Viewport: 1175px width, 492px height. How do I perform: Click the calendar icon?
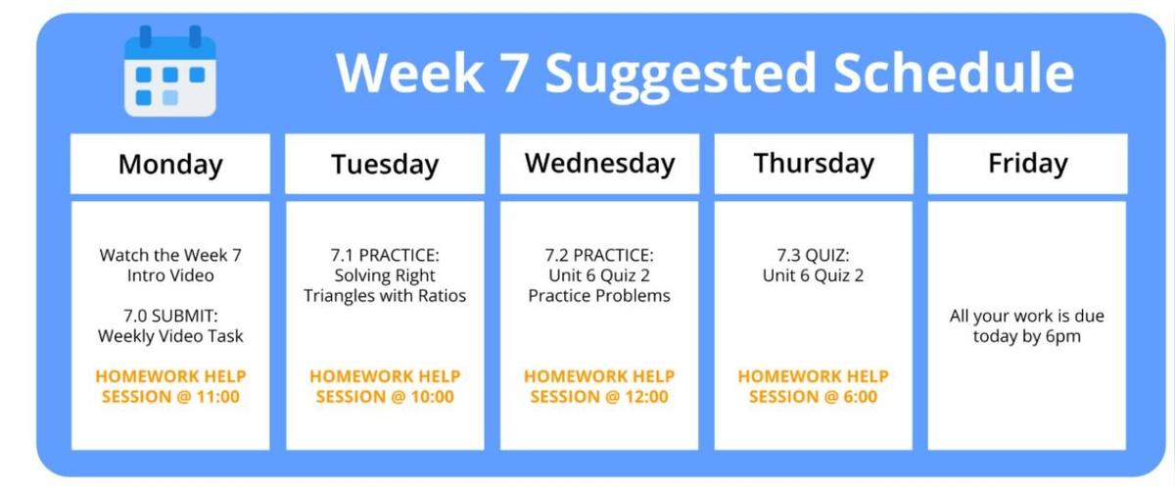170,71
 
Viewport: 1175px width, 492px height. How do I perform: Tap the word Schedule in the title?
954,72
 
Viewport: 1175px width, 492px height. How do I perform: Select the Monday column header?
170,164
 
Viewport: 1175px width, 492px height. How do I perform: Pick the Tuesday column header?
385,164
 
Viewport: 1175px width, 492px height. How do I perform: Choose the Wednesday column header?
599,164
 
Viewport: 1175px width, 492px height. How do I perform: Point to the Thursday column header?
814,164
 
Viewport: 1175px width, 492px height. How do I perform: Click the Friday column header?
1027,164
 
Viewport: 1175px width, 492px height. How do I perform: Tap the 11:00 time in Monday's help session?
217,396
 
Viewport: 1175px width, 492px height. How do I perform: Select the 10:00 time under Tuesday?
432,396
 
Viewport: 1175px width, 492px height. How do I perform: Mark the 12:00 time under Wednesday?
646,396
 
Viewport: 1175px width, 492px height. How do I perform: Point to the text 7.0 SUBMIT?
170,317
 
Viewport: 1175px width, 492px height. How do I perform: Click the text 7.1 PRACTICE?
385,255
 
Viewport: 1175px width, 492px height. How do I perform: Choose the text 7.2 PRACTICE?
599,255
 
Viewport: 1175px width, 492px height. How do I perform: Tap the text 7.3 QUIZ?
813,255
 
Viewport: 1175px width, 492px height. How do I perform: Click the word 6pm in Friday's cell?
1063,336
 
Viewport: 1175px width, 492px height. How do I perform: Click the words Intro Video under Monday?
170,275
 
